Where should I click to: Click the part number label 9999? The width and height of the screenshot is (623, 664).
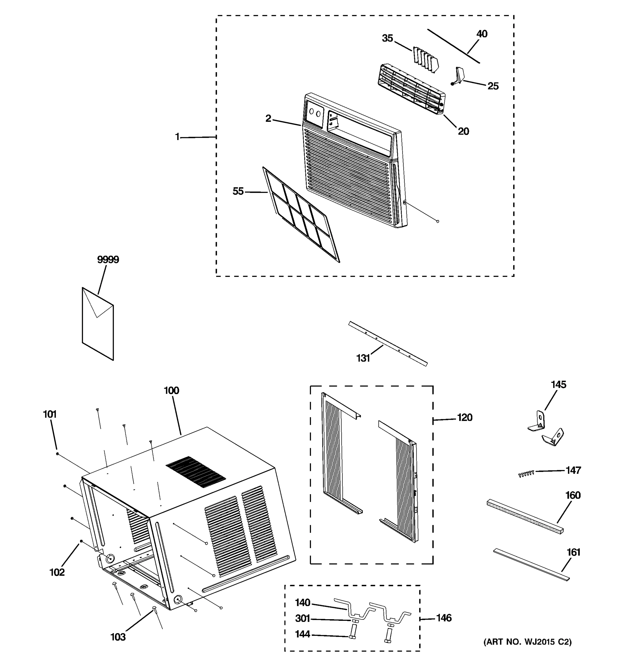pos(108,260)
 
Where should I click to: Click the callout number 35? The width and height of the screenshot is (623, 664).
pos(387,38)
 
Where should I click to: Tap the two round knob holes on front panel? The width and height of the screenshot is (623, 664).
pos(315,113)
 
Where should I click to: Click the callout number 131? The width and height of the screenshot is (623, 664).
pos(363,358)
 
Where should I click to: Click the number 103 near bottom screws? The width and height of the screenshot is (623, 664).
pos(118,637)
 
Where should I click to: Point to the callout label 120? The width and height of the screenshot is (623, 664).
pos(465,417)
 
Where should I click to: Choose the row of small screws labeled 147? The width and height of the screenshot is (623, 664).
pos(526,473)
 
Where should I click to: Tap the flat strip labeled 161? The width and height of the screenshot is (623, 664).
pos(531,565)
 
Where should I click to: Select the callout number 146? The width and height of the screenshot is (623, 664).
pos(444,618)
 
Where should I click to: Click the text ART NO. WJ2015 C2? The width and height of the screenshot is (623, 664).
pos(527,642)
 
